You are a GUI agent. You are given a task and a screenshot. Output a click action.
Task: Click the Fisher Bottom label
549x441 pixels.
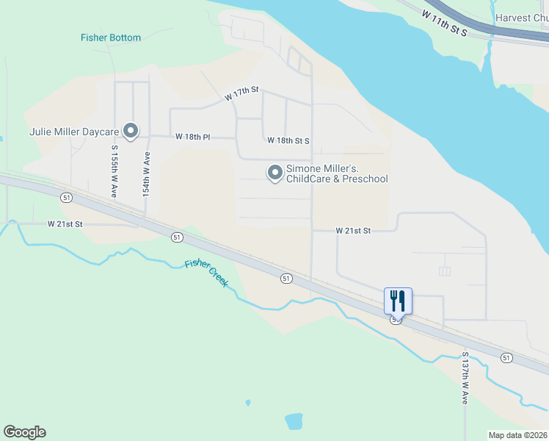click(110, 37)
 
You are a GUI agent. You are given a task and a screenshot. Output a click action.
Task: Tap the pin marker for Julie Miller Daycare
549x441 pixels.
click(131, 131)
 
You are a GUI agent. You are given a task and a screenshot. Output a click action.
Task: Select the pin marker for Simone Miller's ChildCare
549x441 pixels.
click(275, 173)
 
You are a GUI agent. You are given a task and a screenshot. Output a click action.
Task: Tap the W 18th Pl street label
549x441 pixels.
click(193, 137)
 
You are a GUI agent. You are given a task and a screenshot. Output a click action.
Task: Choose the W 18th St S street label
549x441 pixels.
click(288, 140)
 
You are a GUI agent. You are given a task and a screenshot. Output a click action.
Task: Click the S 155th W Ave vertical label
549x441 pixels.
click(114, 171)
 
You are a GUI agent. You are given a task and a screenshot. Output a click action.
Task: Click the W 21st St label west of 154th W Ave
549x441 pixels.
click(65, 223)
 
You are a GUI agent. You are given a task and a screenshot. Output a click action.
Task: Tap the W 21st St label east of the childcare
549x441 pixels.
click(353, 231)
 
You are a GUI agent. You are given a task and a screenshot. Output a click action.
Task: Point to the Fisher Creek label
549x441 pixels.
click(207, 272)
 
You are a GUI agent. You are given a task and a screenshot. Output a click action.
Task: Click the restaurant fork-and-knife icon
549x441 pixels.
click(398, 300)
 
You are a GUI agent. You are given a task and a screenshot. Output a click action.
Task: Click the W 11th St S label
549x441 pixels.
click(445, 24)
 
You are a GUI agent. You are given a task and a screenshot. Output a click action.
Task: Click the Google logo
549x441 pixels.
click(24, 432)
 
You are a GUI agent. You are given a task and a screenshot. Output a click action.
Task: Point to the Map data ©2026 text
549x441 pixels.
click(518, 435)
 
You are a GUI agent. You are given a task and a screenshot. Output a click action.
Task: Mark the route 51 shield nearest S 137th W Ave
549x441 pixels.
click(506, 357)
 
